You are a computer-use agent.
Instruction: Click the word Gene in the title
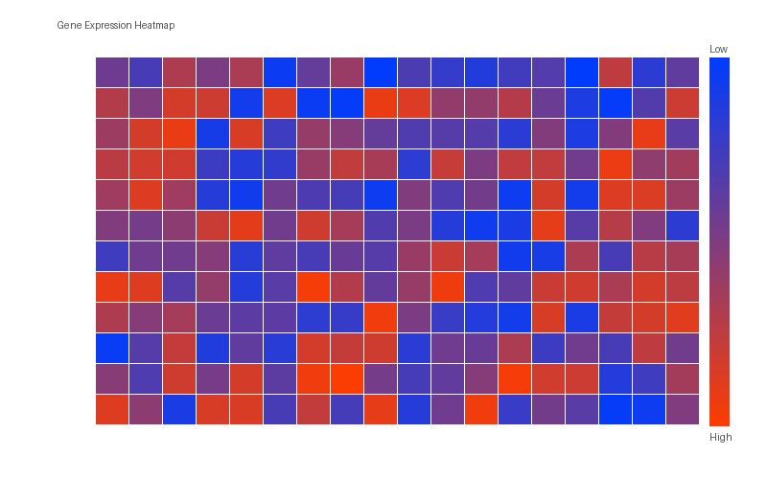pos(68,25)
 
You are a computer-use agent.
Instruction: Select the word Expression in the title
pos(106,25)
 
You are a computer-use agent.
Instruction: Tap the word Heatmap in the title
pos(154,25)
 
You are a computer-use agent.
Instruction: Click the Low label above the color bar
pos(718,49)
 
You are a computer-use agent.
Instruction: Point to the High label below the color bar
pos(720,437)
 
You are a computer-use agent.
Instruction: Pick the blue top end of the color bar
pos(719,63)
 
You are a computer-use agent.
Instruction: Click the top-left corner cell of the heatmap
pos(112,73)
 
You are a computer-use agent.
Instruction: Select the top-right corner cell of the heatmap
pos(683,73)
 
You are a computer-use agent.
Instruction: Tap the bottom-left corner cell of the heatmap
pos(112,409)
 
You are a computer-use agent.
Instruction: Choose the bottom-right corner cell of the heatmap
pos(683,409)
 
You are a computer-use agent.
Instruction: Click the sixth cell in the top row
pos(280,73)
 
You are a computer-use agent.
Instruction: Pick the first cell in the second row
pos(112,103)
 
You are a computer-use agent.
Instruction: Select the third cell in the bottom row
pos(179,409)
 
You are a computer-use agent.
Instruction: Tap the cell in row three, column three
pos(179,134)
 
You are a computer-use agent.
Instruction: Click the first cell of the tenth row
pos(112,348)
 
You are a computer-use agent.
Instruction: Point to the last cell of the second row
pos(683,103)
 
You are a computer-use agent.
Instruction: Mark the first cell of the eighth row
pos(112,286)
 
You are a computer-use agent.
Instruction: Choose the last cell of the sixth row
pos(683,225)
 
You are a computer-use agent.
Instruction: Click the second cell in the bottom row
pos(146,409)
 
